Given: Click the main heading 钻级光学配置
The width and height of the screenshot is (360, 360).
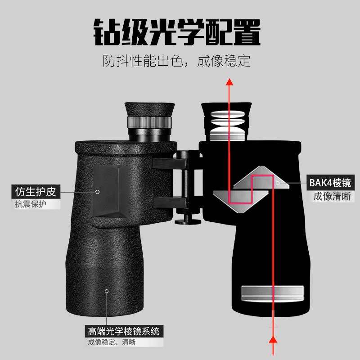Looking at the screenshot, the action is pos(177,32).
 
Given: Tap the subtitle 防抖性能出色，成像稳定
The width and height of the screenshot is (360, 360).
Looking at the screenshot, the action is pos(176,61).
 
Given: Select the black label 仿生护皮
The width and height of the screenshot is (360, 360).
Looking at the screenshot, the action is pos(36,192).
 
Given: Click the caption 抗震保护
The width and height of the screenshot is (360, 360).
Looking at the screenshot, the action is pos(31,204).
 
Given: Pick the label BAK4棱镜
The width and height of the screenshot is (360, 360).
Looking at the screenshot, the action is pos(330,183).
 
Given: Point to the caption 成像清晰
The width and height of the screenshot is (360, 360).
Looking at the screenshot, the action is pos(332,197).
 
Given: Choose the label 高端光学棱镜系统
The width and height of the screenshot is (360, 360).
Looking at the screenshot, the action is pos(124,331).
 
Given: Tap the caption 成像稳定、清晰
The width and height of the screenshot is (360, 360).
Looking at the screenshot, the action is pos(112,342).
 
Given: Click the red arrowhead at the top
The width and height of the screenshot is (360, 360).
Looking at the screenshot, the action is pos(229,82).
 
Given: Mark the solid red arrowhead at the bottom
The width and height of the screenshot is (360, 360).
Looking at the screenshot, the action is pos(273,340).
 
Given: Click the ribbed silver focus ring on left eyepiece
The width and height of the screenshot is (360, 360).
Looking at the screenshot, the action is pos(149,122).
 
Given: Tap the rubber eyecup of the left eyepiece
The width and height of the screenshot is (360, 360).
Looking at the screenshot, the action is pos(150,109).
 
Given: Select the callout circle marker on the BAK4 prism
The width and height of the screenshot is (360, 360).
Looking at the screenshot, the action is pos(278,183).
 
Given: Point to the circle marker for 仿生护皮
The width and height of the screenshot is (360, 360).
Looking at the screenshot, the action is pos(97,192).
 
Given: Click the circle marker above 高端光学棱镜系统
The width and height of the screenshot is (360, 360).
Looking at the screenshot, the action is pos(107,291).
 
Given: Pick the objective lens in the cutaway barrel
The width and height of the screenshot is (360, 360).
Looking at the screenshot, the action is pos(272,294).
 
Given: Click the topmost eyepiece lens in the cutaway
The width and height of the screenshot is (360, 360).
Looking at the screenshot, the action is pos(227,114).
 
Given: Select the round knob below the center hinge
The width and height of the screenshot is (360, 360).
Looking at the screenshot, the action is pos(188,222).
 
